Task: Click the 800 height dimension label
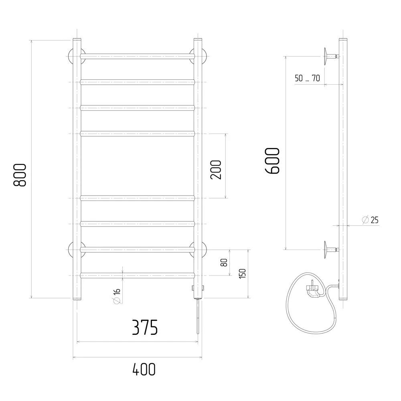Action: [20, 175]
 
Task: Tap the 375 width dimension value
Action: [145, 327]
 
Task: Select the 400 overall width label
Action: [144, 369]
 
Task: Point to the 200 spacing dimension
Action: [216, 170]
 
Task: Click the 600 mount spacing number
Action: [272, 161]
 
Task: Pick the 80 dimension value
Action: [224, 262]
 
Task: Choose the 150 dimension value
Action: [242, 273]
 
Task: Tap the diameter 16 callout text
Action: [117, 296]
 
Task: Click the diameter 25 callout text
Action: [370, 220]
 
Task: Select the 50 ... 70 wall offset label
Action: [307, 78]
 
